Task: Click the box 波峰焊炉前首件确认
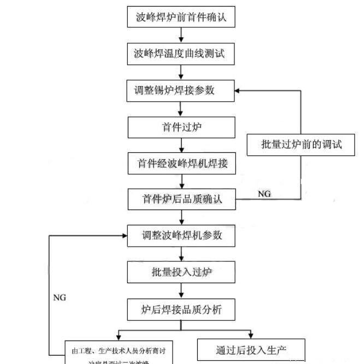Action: click(181, 17)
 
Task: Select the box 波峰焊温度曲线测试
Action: click(181, 54)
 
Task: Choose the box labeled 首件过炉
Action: click(181, 127)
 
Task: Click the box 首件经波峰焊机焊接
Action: click(181, 163)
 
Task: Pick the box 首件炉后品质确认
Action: click(181, 199)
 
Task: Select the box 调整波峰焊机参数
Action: click(181, 235)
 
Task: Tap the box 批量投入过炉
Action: click(181, 272)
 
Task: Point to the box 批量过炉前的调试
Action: click(301, 145)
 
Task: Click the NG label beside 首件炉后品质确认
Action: click(264, 194)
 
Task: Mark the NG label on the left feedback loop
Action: click(60, 298)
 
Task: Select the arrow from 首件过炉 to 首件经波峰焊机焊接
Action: click(181, 145)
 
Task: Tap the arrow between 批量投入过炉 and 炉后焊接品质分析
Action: click(181, 290)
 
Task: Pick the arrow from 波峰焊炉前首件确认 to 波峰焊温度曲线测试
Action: click(181, 35)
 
